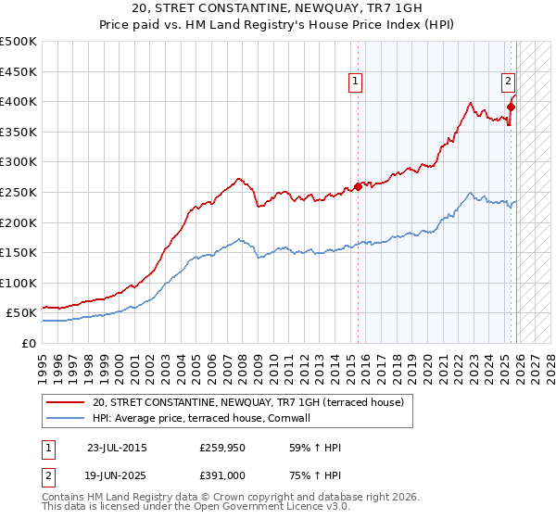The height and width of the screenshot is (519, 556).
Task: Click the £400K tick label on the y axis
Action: coord(19,101)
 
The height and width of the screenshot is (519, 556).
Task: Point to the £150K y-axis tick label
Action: coord(19,252)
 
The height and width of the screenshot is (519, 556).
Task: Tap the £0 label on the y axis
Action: coord(30,343)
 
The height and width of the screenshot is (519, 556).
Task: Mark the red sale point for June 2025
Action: coord(511,107)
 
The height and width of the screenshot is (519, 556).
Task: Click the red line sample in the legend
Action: coord(65,403)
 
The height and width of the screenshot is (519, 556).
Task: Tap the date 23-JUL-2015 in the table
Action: coord(117,448)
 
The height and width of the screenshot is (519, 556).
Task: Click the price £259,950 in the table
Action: coord(223,448)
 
